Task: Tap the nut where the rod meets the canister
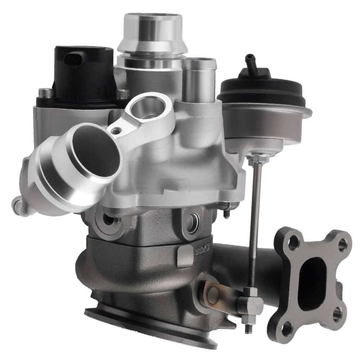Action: click(256, 158)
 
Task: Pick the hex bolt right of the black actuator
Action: click(122, 93)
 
